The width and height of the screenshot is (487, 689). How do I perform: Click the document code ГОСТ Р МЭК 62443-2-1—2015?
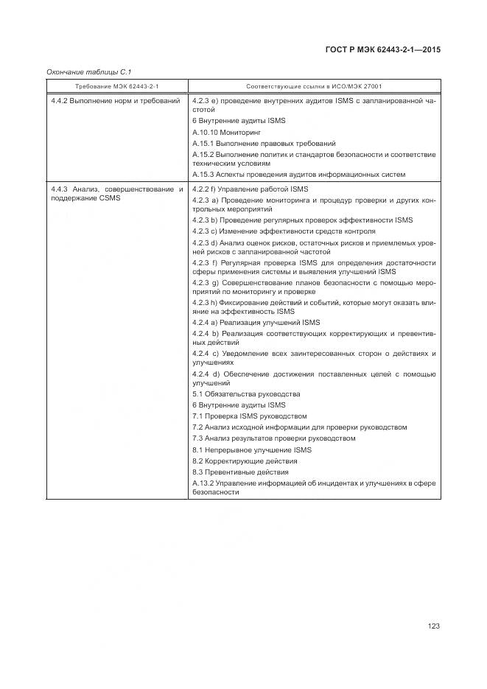point(382,50)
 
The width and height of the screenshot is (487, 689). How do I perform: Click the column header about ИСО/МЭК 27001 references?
point(314,86)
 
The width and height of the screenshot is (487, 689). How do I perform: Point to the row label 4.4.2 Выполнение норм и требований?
point(116,100)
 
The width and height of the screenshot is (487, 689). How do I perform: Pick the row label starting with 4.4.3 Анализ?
point(116,193)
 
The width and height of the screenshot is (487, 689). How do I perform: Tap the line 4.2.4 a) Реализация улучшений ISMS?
point(256,323)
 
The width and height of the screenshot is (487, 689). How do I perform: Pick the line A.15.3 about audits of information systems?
point(298,175)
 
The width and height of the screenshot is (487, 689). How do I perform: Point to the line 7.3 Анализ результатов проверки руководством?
point(273,438)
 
